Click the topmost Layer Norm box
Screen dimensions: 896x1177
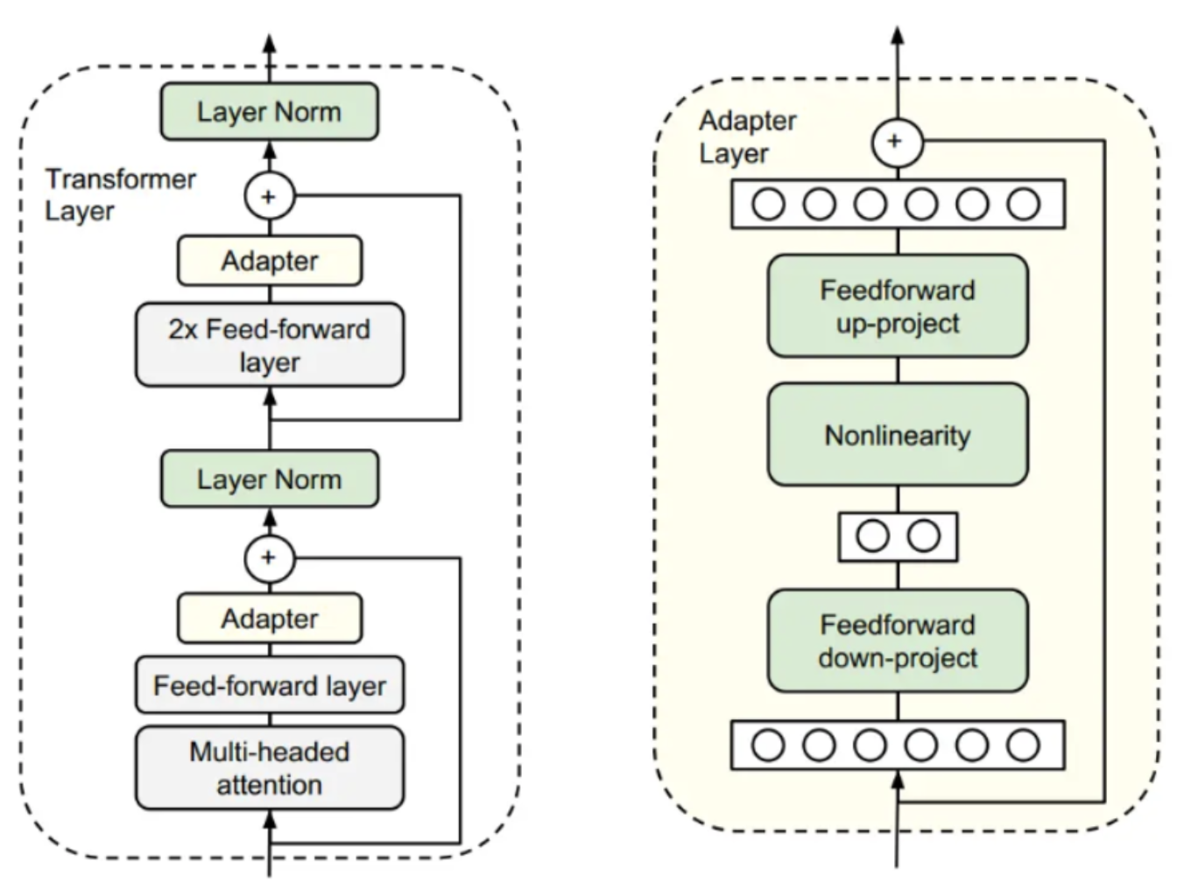[269, 112]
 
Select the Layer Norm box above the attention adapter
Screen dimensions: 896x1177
[269, 479]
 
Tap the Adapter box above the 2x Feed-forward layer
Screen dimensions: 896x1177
[269, 261]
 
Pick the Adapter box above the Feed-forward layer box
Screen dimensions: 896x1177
[269, 618]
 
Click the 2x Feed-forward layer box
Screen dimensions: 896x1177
[269, 345]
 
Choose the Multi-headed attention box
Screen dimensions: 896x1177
[269, 767]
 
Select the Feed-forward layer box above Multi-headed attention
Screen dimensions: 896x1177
[269, 685]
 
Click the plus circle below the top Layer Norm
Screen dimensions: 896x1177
[269, 196]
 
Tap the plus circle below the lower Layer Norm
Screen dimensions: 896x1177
[269, 557]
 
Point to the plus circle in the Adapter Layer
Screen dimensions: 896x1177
[897, 141]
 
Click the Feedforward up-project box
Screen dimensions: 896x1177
[898, 306]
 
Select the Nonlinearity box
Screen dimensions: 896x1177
[898, 435]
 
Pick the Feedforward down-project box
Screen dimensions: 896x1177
[898, 640]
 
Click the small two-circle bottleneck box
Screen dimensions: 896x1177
[898, 535]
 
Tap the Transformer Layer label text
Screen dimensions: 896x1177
[120, 194]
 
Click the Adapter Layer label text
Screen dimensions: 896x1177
[747, 136]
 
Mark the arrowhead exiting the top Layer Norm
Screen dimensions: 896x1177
[269, 45]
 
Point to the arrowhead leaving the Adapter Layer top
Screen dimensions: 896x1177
[897, 36]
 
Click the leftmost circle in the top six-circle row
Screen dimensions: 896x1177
[769, 205]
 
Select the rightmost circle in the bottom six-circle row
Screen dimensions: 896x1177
[1023, 745]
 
